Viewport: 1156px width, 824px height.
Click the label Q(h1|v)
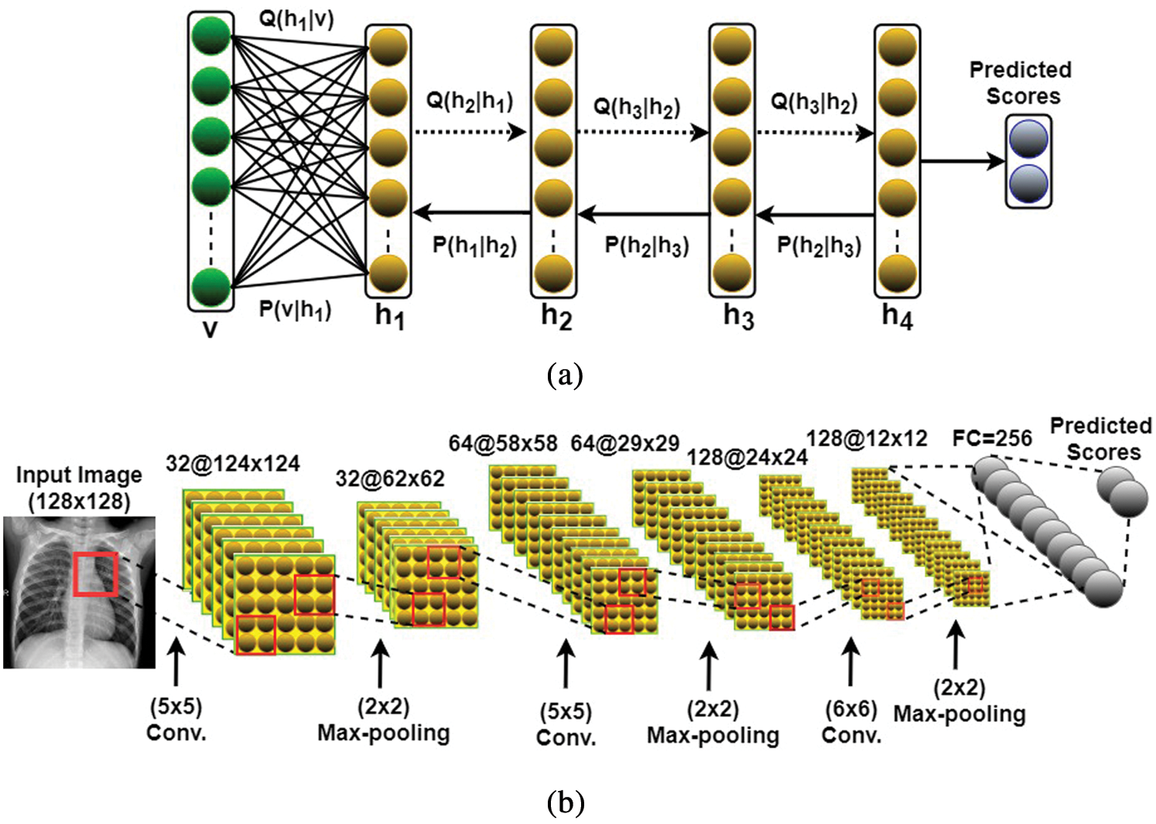(296, 19)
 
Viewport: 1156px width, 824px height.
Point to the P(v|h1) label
(295, 310)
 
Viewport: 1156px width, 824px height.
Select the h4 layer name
(897, 316)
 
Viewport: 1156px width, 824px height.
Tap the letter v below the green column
(210, 328)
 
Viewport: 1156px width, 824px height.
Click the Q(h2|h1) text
(470, 101)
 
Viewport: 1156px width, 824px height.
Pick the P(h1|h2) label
(474, 246)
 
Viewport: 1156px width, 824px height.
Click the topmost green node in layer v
(210, 36)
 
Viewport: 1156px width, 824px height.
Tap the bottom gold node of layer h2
(552, 272)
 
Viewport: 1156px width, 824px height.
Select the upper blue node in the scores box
(1028, 139)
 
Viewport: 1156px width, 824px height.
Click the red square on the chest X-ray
(95, 574)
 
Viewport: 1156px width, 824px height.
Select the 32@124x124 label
(232, 463)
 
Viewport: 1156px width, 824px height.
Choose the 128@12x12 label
(866, 439)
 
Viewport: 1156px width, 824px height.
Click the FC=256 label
(992, 438)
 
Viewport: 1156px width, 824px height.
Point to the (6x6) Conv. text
(851, 722)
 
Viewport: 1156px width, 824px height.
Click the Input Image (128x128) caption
(79, 487)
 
